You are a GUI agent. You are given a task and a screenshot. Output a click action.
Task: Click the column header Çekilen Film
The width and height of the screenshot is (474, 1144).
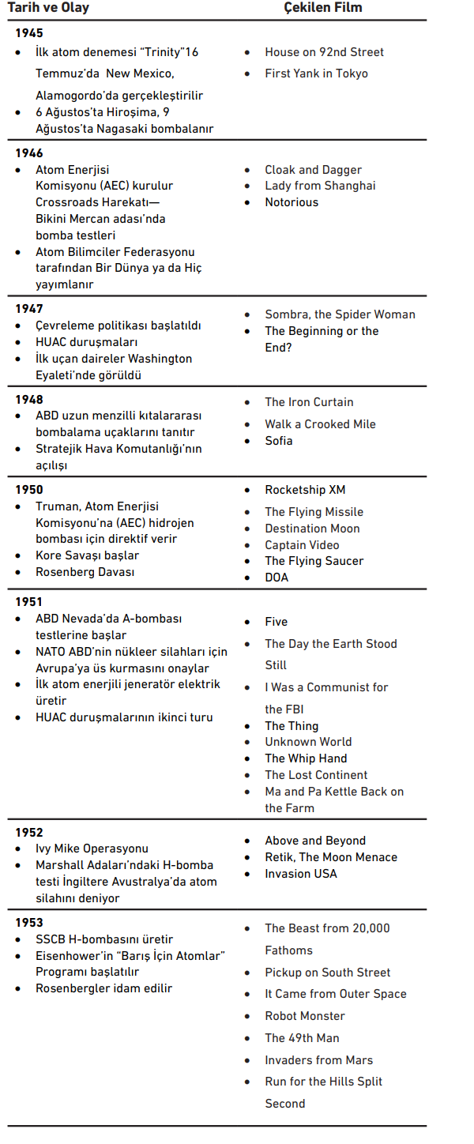[x=323, y=8]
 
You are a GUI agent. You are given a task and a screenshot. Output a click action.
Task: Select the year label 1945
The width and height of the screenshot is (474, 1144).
[x=29, y=33]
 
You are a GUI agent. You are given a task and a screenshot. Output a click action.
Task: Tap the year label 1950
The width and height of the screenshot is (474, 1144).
[x=29, y=490]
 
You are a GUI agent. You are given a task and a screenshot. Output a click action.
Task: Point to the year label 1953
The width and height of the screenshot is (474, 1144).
[x=29, y=923]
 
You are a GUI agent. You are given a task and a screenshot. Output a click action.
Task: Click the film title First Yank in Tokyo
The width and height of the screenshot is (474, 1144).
[x=316, y=73]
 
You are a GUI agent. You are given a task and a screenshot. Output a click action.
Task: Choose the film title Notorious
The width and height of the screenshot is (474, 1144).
[x=292, y=202]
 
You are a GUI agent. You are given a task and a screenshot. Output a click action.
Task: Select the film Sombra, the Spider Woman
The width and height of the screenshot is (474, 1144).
[x=340, y=314]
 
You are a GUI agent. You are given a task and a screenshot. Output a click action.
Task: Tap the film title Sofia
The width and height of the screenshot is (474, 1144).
[x=279, y=441]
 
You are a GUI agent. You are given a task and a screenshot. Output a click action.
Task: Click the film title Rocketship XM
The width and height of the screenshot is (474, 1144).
[x=305, y=490]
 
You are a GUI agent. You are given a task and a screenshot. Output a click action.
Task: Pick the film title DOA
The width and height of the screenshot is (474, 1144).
[x=276, y=578]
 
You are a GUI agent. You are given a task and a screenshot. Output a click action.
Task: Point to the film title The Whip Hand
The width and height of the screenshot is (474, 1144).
[x=306, y=758]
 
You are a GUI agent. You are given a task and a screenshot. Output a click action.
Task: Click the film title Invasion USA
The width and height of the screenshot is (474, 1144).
[x=301, y=874]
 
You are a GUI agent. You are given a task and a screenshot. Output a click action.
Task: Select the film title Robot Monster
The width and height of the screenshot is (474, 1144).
[x=305, y=1016]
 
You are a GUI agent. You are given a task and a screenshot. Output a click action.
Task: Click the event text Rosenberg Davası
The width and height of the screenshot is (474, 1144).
[x=85, y=572]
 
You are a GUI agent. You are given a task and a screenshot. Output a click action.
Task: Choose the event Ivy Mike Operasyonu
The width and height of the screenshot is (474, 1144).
[x=92, y=849]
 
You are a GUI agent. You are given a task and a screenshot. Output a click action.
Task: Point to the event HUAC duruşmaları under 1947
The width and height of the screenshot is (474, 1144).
[x=87, y=342]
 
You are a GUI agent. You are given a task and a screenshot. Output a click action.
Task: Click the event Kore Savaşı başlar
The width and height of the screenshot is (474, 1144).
[x=88, y=555]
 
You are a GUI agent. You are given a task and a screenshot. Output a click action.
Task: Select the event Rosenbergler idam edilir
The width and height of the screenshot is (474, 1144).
[x=103, y=988]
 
